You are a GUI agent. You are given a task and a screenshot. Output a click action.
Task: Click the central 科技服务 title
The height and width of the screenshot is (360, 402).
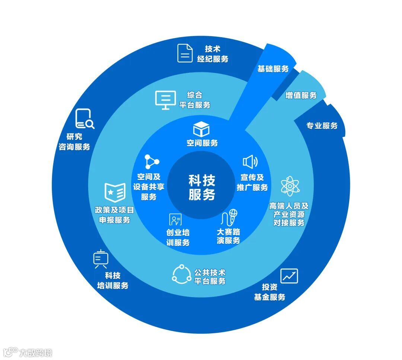pos(201,188)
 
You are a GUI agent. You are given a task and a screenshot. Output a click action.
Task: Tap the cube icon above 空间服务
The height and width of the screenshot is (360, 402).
pos(201,129)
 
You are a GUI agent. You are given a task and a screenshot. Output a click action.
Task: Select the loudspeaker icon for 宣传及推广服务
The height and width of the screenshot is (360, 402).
pos(250,162)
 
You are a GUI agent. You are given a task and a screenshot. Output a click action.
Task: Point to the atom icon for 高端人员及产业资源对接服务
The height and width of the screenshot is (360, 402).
pos(290,186)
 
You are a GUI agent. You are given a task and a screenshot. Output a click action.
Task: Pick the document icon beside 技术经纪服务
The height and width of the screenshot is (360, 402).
pos(185,53)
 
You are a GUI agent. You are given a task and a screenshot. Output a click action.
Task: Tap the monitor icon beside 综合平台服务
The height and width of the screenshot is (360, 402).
pos(165,100)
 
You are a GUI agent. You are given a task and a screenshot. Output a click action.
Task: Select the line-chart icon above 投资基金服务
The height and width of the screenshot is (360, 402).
pos(289,276)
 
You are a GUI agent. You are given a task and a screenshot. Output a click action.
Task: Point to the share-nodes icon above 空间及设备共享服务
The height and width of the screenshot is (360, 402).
pos(152,162)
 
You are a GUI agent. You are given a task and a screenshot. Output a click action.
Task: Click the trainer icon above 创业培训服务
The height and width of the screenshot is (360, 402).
pos(175,219)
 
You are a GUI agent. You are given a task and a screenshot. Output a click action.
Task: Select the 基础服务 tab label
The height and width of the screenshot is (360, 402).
pos(273,69)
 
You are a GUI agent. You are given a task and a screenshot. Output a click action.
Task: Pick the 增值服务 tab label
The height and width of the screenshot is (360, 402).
pos(301,96)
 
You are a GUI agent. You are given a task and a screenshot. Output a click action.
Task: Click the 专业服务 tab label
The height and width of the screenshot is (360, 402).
pos(322,126)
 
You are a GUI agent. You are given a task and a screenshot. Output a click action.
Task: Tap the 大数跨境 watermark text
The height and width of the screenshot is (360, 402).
pos(36,352)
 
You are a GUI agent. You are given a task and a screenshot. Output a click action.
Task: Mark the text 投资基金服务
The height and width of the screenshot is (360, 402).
pos(270,292)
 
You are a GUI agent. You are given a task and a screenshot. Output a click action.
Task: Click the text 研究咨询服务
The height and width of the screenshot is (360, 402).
pos(74,142)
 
